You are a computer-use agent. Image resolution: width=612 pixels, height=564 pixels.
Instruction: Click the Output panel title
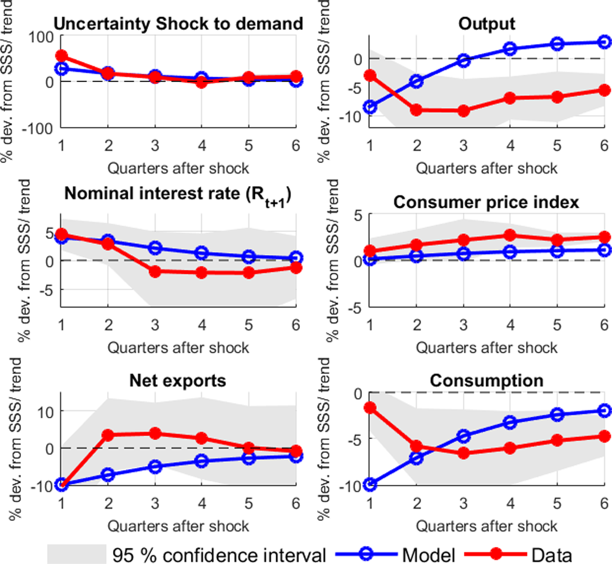tap(487, 24)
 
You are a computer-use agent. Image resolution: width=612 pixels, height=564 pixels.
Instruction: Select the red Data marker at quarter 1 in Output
tap(370, 75)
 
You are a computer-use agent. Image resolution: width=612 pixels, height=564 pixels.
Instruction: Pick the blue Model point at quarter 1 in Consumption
tap(370, 485)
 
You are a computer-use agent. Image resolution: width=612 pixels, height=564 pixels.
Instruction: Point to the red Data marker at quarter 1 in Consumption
tap(370, 408)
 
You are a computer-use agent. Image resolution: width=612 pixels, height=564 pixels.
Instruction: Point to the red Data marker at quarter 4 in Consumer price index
tap(510, 235)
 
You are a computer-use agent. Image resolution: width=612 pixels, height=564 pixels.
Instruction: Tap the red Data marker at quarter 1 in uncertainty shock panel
tap(62, 56)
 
